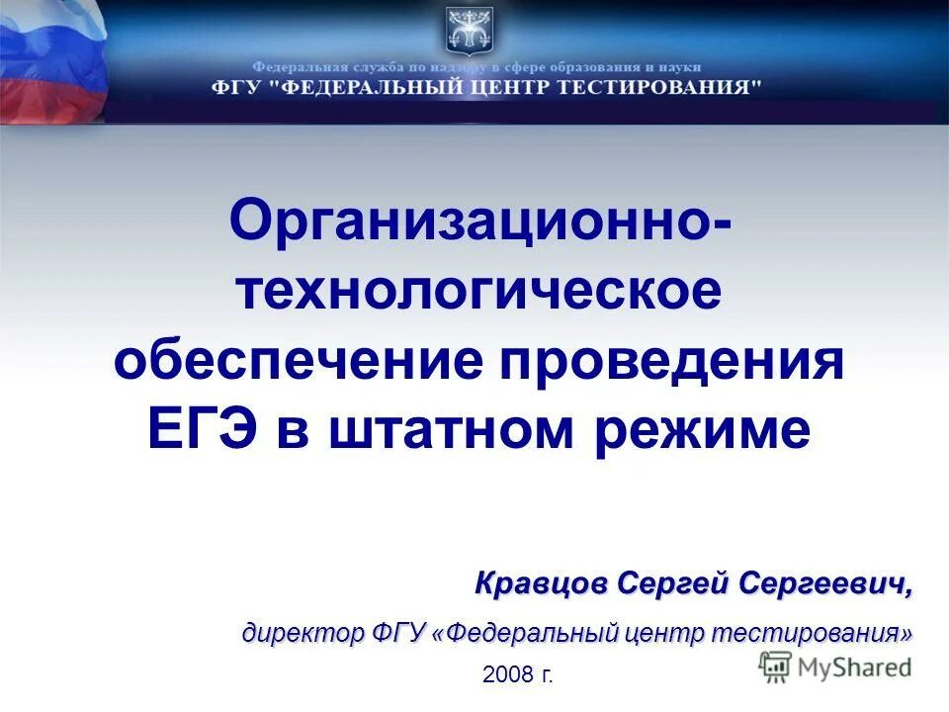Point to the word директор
(x=302, y=632)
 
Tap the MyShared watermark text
(x=855, y=667)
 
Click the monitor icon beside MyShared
(x=776, y=667)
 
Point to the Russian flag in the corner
(x=49, y=59)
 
